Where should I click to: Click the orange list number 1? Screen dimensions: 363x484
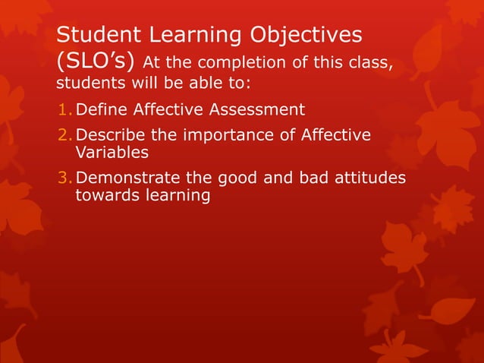coord(64,110)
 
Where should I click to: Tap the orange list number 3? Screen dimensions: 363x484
coord(64,178)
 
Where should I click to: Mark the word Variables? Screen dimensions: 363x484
coord(112,152)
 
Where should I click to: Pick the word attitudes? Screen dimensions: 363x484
coord(368,178)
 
